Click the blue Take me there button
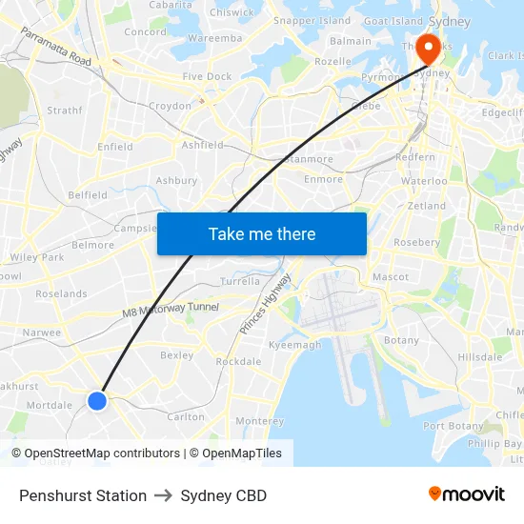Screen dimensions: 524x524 (x=262, y=233)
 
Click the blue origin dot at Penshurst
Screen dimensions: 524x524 (x=97, y=401)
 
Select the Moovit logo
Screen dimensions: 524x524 (x=466, y=494)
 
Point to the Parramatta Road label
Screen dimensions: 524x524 (x=55, y=48)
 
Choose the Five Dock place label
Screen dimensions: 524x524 (x=207, y=76)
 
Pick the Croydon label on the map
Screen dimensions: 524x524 (x=170, y=106)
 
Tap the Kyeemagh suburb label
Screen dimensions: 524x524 (x=295, y=345)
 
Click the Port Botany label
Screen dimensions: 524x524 (x=453, y=426)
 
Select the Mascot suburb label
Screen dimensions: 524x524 (x=391, y=277)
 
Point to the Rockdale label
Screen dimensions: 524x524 (x=238, y=362)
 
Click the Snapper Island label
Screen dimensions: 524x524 (x=312, y=20)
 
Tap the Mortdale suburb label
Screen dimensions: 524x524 (x=50, y=405)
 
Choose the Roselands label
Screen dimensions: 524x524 (x=61, y=294)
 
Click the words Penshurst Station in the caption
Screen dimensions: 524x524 (x=83, y=495)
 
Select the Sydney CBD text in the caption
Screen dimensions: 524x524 (x=223, y=495)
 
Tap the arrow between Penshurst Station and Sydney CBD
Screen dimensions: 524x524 (x=164, y=495)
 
